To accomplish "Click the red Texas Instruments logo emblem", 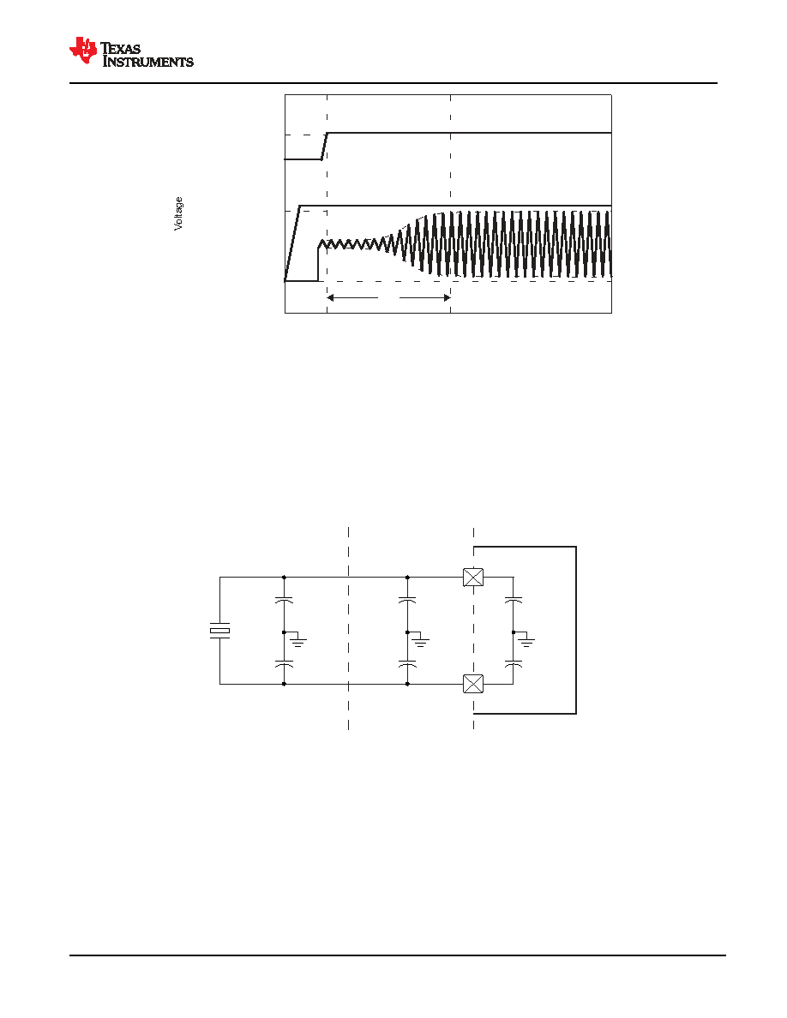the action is [83, 51].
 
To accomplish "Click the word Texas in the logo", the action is [121, 49].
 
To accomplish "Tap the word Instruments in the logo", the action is [148, 62].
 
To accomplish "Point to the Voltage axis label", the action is [178, 213].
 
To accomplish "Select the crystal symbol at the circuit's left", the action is [219, 631].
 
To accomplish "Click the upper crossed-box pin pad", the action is [473, 578].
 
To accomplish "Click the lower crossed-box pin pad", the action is [473, 684].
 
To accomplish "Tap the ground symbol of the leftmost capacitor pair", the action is [298, 642].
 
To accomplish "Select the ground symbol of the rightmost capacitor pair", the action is [527, 642].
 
